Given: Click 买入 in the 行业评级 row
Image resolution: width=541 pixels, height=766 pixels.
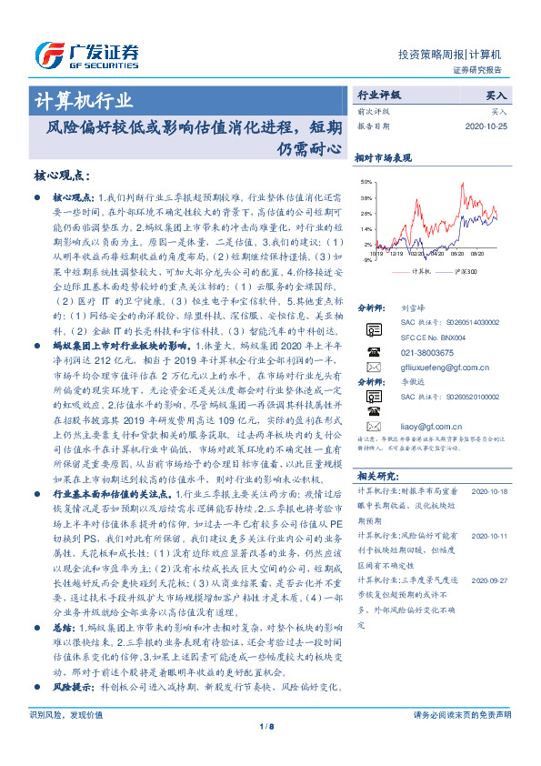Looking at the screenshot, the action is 498,95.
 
